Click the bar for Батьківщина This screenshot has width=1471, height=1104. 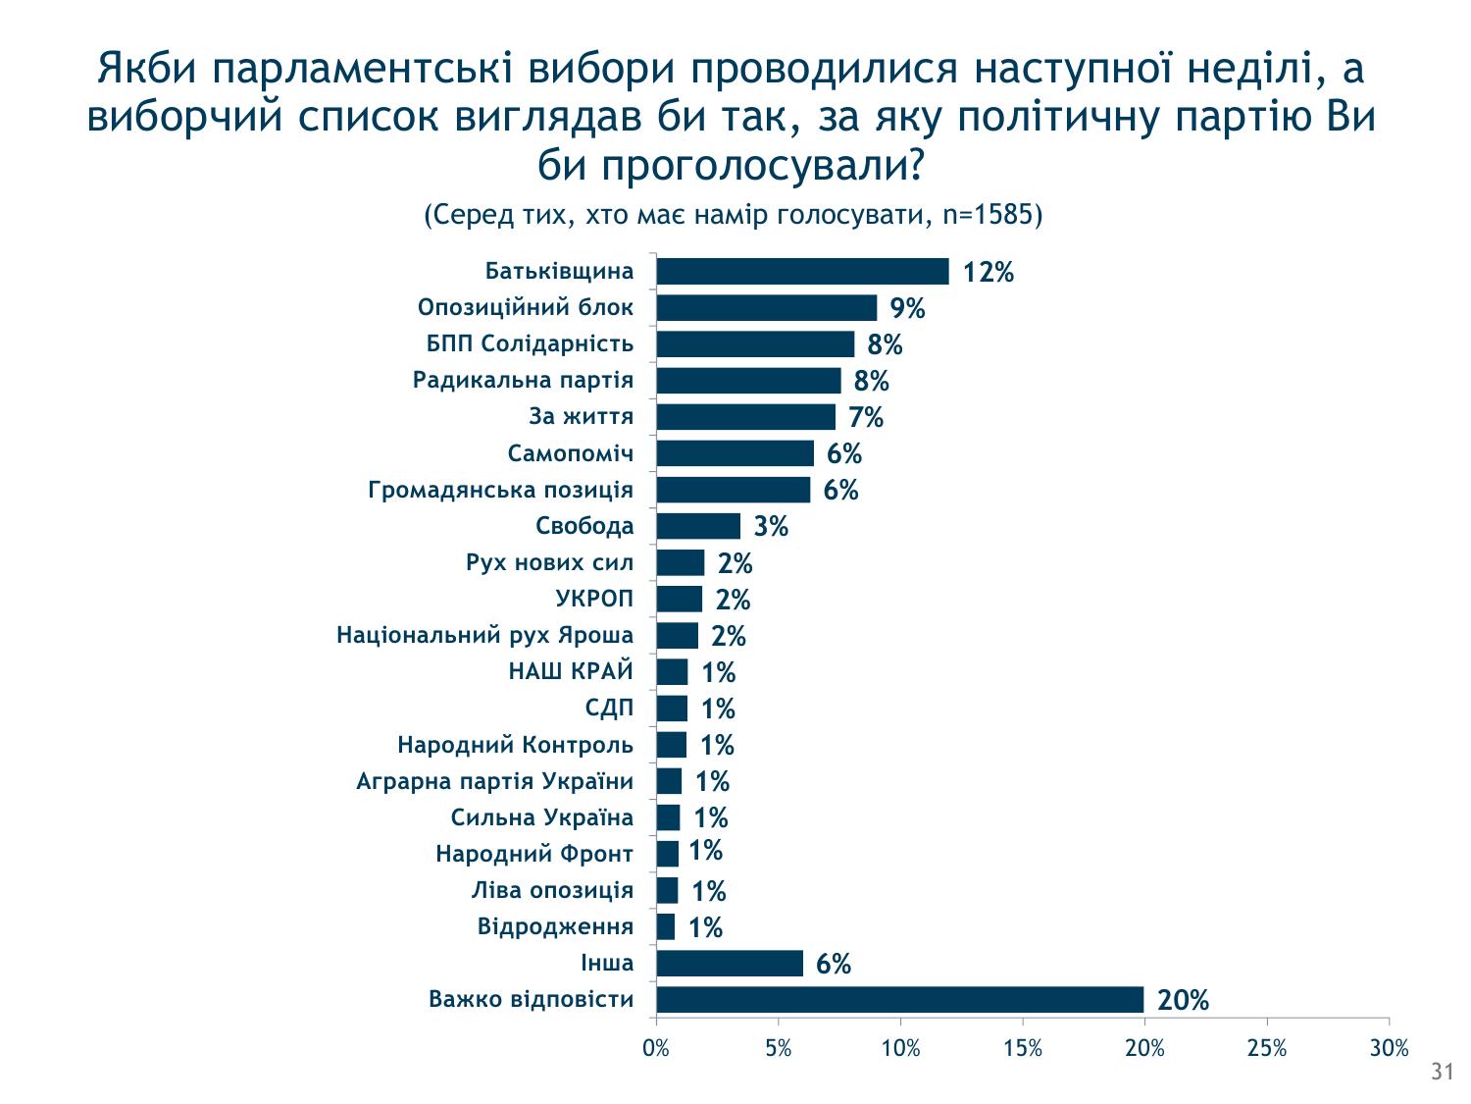pyautogui.click(x=802, y=272)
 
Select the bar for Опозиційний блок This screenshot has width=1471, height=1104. pyautogui.click(x=766, y=308)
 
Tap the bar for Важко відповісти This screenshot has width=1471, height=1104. pyautogui.click(x=899, y=1000)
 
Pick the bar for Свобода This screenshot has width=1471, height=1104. pyautogui.click(x=698, y=527)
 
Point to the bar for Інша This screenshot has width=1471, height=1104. pyautogui.click(x=730, y=964)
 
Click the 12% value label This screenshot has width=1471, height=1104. pyautogui.click(x=988, y=273)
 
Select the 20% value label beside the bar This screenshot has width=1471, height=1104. pyautogui.click(x=1183, y=1001)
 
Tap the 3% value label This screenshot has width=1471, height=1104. pyautogui.click(x=771, y=528)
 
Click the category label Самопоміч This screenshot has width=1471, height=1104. pyautogui.click(x=571, y=453)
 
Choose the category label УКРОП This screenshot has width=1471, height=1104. pyautogui.click(x=595, y=599)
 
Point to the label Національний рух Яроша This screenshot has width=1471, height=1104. pyautogui.click(x=485, y=635)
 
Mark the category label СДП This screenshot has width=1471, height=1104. pyautogui.click(x=610, y=708)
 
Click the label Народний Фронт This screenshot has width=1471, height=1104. pyautogui.click(x=534, y=854)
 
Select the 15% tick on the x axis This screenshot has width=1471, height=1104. pyautogui.click(x=1022, y=1049)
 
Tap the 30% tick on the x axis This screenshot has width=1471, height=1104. pyautogui.click(x=1389, y=1049)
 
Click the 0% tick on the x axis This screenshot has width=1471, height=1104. pyautogui.click(x=656, y=1049)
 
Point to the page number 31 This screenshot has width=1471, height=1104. pyautogui.click(x=1442, y=1074)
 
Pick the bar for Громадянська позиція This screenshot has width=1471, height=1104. pyautogui.click(x=734, y=490)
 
